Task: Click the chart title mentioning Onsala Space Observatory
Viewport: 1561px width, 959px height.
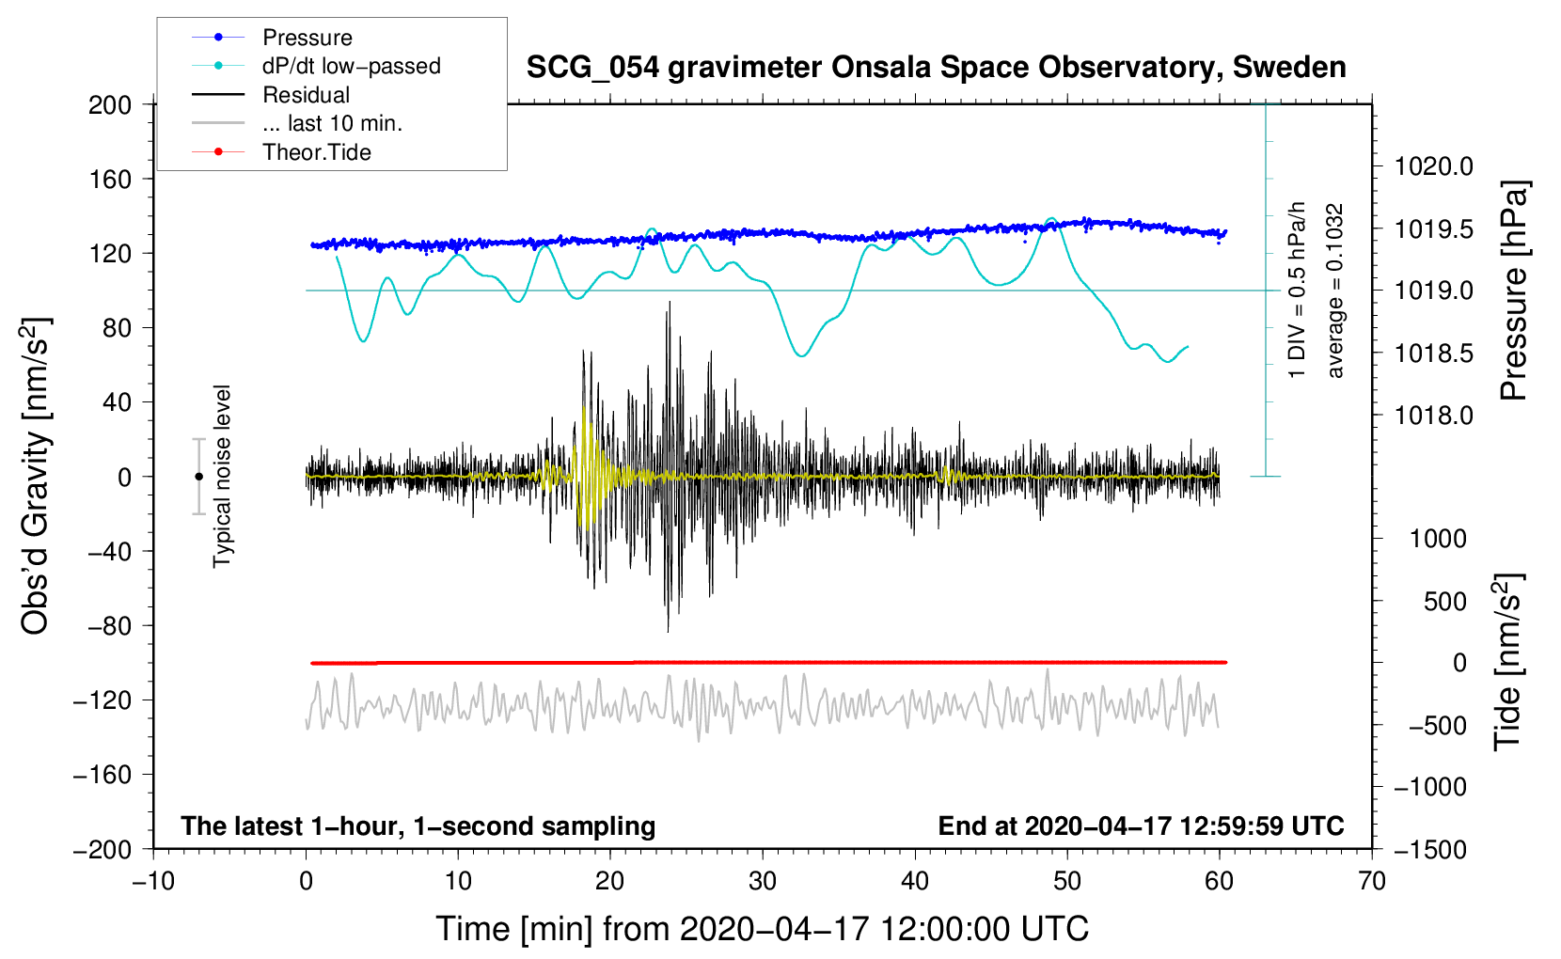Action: pos(936,68)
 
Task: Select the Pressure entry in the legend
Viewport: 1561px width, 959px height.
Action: pos(307,38)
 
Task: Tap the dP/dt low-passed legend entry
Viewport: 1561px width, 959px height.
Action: pos(351,66)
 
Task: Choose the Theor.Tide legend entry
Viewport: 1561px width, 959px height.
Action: pos(316,152)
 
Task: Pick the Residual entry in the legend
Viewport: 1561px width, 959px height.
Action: pos(306,95)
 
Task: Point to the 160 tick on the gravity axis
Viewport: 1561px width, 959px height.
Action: pos(110,179)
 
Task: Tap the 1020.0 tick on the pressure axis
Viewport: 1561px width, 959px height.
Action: pos(1433,166)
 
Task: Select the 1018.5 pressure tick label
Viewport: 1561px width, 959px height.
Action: pos(1433,354)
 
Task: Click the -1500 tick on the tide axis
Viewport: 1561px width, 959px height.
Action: pos(1430,849)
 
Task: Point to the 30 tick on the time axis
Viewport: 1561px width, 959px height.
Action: pos(763,881)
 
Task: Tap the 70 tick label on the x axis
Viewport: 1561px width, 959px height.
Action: pos(1372,881)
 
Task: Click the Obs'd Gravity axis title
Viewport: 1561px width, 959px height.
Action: pos(35,476)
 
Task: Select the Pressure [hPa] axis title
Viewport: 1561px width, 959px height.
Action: pos(1513,291)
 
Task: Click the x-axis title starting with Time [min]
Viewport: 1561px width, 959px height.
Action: pos(762,929)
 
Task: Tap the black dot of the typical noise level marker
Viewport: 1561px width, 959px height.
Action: pos(198,477)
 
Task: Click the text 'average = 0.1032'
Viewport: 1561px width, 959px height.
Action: pos(1334,291)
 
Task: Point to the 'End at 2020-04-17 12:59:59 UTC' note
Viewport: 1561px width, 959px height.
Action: pos(1141,826)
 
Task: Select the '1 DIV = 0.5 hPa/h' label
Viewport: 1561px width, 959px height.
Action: pos(1298,290)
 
